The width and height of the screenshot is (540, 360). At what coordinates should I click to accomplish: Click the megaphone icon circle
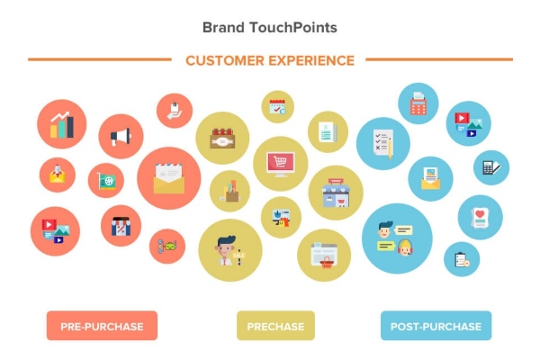(x=121, y=137)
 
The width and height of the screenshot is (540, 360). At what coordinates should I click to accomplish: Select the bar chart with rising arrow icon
(x=62, y=124)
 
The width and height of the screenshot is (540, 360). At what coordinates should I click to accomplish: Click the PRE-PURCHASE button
(x=102, y=326)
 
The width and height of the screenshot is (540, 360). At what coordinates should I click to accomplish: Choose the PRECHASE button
(x=275, y=326)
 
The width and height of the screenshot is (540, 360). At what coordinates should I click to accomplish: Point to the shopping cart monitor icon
(x=280, y=163)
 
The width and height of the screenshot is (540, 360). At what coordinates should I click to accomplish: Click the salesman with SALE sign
(x=229, y=249)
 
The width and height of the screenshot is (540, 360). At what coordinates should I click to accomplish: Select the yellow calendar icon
(x=277, y=106)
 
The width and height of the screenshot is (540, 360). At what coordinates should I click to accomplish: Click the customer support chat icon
(x=396, y=238)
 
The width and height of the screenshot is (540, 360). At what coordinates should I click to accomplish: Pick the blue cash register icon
(x=418, y=103)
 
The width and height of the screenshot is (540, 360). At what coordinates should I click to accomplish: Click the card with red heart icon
(x=480, y=217)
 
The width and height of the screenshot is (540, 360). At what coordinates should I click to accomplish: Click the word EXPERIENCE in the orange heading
(x=315, y=61)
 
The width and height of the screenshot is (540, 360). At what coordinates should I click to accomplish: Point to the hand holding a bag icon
(x=175, y=111)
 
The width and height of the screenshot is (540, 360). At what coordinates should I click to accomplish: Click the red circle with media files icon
(x=55, y=231)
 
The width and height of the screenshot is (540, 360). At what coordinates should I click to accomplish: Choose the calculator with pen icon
(x=491, y=166)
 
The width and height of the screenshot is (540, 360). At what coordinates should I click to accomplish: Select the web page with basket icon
(x=323, y=255)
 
